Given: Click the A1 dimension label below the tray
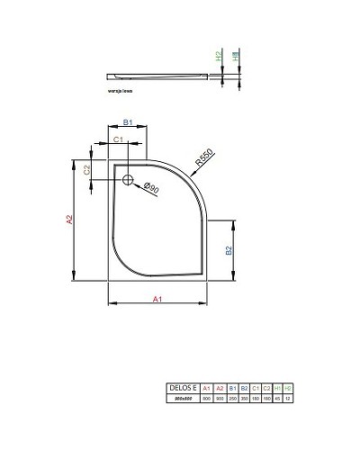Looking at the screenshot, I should coord(157,298).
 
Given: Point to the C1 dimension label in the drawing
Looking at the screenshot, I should coord(116,139).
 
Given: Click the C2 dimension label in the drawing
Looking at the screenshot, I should coord(86,169).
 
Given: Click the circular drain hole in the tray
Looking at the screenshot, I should coord(128,179).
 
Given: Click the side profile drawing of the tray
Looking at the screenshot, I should coord(162,73).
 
